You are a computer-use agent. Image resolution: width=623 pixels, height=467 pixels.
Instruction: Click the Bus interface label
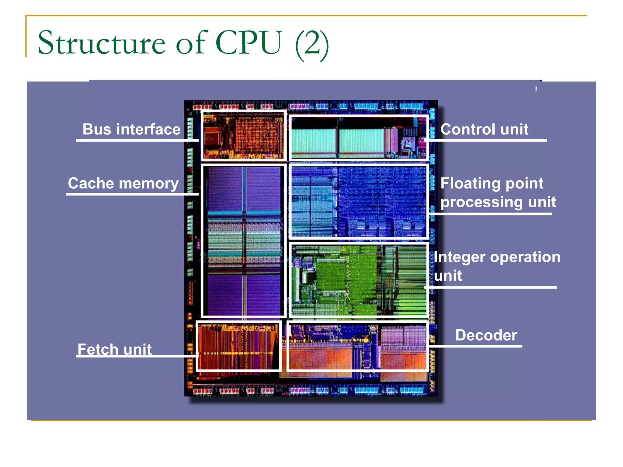click(x=131, y=129)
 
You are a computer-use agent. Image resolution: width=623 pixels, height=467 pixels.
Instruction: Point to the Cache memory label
click(x=123, y=183)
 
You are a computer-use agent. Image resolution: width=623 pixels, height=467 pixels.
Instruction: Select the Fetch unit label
click(x=114, y=349)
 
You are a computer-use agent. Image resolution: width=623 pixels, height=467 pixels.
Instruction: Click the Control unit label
click(x=484, y=129)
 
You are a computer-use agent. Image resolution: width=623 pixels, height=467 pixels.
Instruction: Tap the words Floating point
click(x=492, y=183)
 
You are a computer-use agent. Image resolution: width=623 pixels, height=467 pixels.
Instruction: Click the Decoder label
click(x=486, y=335)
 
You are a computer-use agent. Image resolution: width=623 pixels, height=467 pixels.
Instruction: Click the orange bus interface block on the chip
click(x=243, y=136)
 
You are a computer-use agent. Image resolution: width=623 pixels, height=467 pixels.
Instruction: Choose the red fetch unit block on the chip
click(x=238, y=346)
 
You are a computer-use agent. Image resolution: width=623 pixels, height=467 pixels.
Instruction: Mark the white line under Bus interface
click(x=137, y=140)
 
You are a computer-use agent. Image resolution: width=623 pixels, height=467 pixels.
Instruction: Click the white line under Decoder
click(x=476, y=346)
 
